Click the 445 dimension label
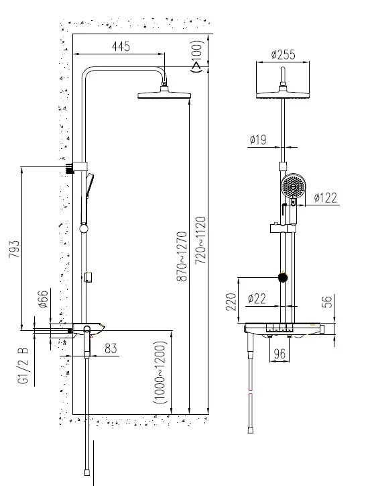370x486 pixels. (121, 46)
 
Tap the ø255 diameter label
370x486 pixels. (283, 54)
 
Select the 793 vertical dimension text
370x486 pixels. (14, 248)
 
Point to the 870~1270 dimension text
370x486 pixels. (182, 256)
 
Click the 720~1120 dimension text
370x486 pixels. (200, 240)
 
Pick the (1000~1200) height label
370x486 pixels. (160, 373)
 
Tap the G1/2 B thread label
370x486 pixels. (23, 366)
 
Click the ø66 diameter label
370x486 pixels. (44, 299)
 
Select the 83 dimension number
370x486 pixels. (111, 348)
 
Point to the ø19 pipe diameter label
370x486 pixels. (258, 140)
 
